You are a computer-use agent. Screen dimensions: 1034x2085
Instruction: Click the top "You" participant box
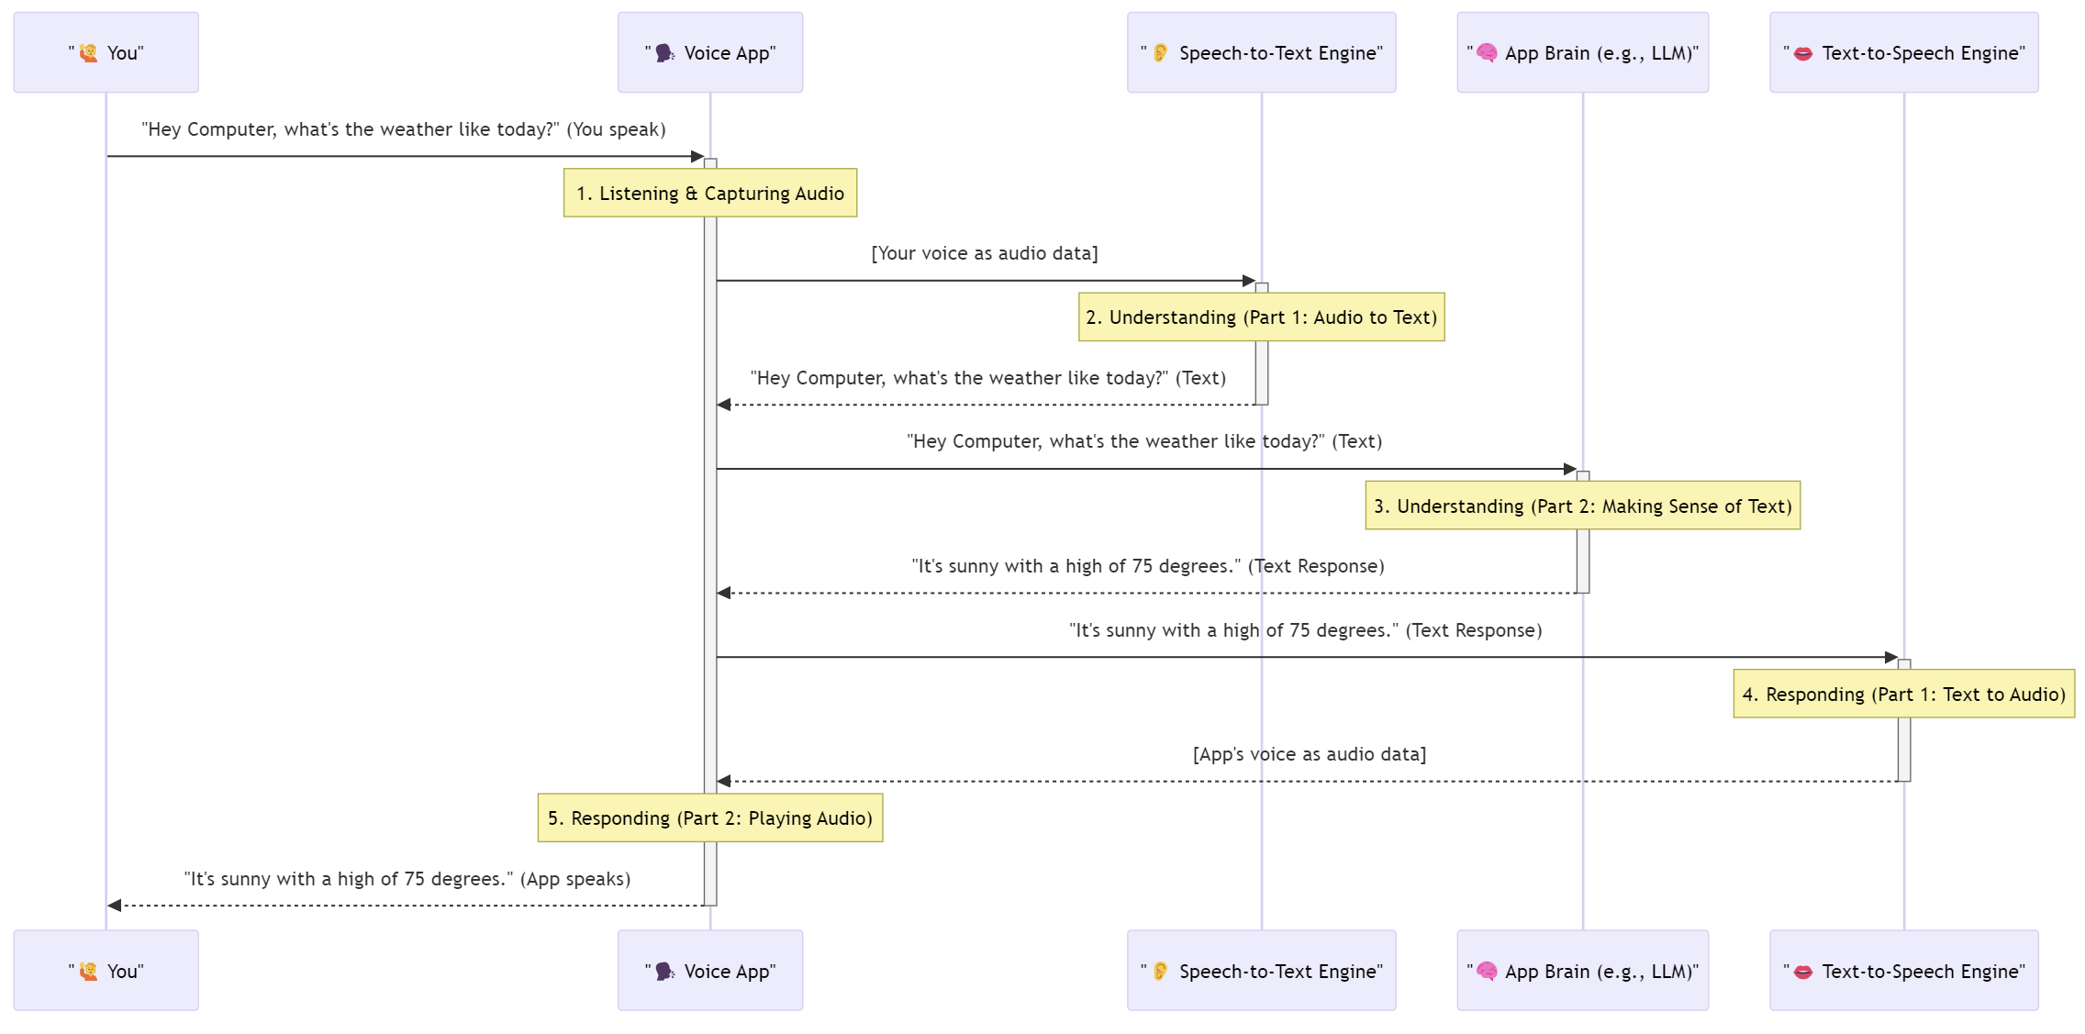[x=106, y=52]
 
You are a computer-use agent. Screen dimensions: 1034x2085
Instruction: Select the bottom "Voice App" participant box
[x=709, y=971]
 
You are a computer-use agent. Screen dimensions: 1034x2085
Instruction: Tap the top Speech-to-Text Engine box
[x=1261, y=52]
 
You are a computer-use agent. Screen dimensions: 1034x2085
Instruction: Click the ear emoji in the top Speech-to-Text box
[x=1160, y=52]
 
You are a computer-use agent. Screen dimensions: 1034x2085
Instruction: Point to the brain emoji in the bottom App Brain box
[x=1487, y=971]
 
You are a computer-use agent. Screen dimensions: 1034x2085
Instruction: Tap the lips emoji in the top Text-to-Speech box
[x=1802, y=53]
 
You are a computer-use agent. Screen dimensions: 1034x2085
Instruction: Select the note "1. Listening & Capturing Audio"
[x=709, y=193]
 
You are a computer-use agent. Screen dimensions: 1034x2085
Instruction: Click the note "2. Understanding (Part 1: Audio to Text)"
[x=1261, y=317]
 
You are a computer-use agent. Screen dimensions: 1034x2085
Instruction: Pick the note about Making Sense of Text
[x=1582, y=506]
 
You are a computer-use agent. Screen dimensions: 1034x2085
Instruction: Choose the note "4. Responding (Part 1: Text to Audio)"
[x=1903, y=694]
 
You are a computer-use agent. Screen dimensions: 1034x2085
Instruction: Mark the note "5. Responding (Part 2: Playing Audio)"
[x=709, y=817]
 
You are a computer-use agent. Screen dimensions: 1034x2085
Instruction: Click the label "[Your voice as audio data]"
[x=984, y=253]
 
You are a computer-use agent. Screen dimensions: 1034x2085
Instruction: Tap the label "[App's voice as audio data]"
[x=1309, y=754]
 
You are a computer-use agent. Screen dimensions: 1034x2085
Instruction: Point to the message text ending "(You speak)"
[x=403, y=129]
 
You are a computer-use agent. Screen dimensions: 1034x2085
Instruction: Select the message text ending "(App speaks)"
[x=407, y=879]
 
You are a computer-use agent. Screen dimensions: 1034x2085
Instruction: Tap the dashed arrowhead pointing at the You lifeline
[x=115, y=906]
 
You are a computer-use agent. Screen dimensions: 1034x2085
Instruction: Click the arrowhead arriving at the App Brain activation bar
[x=1569, y=469]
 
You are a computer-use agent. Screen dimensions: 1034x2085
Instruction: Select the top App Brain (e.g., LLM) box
[x=1582, y=52]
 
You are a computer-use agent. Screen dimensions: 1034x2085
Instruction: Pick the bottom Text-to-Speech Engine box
[x=1903, y=971]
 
